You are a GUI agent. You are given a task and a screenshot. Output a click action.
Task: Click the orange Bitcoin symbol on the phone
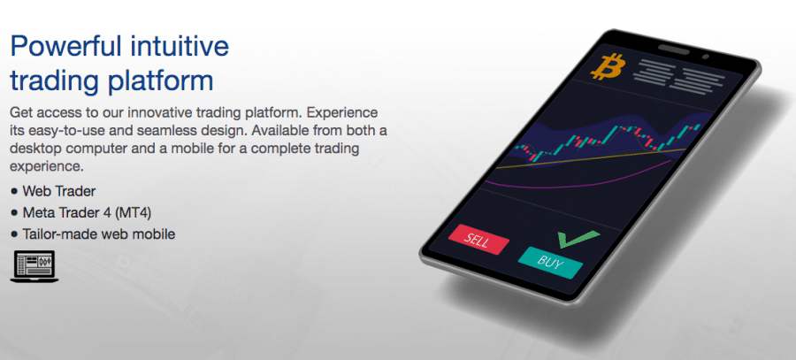(x=608, y=66)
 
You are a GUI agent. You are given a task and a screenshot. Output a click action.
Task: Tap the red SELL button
(x=478, y=239)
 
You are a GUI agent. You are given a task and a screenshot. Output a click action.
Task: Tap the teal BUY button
(x=550, y=263)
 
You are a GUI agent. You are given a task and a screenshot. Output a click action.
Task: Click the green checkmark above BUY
(x=578, y=239)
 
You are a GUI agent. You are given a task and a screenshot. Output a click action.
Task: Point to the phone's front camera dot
(x=705, y=57)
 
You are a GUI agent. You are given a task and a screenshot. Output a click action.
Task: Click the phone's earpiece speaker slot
(x=674, y=50)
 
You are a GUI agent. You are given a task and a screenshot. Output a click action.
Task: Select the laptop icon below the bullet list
(x=34, y=266)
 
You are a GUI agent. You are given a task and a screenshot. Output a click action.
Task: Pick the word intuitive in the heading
(x=180, y=46)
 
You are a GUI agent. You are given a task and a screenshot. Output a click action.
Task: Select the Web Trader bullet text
(x=59, y=191)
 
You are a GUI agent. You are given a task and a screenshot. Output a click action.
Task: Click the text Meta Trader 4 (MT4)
(x=87, y=213)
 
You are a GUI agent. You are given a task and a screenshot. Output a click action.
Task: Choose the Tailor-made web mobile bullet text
(x=99, y=234)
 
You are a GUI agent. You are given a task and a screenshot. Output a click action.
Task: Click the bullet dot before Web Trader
(x=13, y=192)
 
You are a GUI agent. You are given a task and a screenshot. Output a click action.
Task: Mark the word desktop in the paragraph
(x=35, y=149)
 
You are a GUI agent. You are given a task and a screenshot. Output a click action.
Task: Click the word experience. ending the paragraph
(x=46, y=167)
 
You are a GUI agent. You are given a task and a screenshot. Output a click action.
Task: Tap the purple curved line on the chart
(x=578, y=180)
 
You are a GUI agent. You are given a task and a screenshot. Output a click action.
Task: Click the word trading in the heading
(x=57, y=82)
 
